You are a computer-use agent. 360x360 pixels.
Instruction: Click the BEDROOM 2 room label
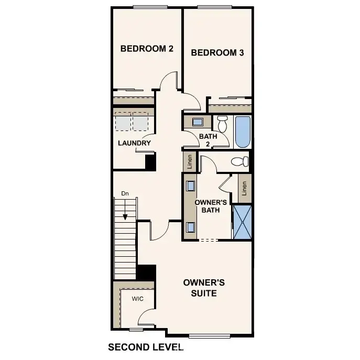click(147, 49)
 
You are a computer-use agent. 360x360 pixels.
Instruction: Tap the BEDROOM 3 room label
click(217, 52)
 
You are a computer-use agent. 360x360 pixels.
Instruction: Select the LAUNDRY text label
click(134, 143)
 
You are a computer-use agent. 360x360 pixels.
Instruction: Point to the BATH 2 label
click(204, 140)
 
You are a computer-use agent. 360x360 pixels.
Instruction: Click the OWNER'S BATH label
click(210, 206)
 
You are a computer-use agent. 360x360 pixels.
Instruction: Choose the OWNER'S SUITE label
click(204, 288)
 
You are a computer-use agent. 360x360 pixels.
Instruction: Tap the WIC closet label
click(137, 299)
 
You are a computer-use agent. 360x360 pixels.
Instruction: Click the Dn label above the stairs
click(125, 193)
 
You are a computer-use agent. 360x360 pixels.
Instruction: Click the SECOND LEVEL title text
click(145, 347)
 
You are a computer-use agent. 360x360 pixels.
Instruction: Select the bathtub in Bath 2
click(243, 132)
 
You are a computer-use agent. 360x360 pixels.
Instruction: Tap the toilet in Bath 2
click(222, 124)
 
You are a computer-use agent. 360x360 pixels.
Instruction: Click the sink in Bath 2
click(198, 122)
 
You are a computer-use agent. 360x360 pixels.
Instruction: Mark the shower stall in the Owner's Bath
click(242, 222)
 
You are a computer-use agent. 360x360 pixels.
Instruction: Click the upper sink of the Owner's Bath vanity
click(190, 186)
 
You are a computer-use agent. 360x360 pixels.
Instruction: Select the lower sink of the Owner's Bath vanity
click(190, 226)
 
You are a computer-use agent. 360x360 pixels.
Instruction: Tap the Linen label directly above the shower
click(244, 188)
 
